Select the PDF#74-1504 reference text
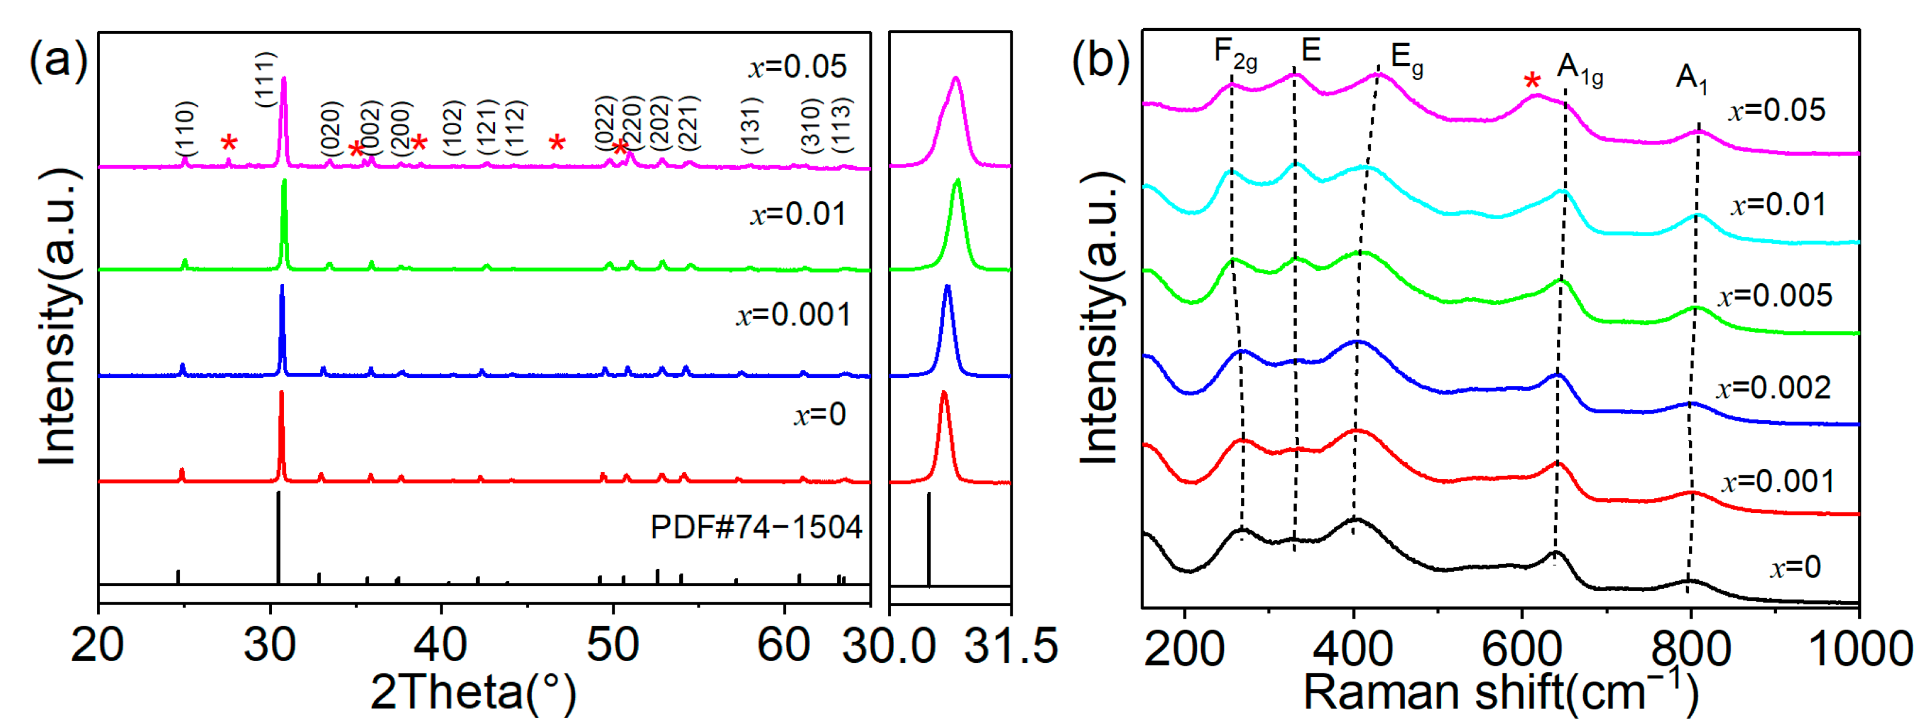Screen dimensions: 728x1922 click(x=756, y=528)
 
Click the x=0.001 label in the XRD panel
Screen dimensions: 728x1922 click(x=793, y=315)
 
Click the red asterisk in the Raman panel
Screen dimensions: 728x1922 click(x=1532, y=82)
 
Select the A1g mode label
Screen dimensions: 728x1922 click(x=1580, y=71)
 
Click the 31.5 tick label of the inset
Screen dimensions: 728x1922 click(x=1011, y=646)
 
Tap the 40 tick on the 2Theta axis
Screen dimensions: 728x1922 click(x=441, y=645)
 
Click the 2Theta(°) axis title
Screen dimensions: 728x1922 click(x=473, y=693)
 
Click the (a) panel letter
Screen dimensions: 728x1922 click(x=58, y=60)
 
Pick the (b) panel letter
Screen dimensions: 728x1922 click(x=1101, y=60)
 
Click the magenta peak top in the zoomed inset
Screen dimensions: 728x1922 click(x=956, y=78)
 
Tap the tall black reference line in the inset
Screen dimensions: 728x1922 click(x=928, y=538)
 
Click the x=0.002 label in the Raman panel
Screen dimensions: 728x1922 click(x=1773, y=388)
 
